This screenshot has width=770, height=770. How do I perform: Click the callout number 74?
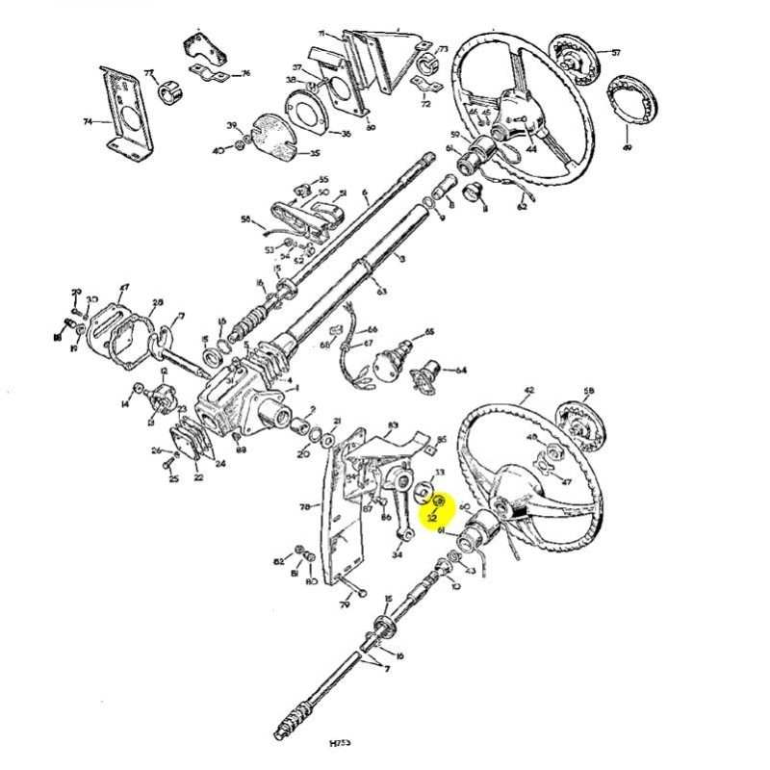tap(88, 122)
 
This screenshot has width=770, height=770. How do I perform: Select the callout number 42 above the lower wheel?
tap(528, 392)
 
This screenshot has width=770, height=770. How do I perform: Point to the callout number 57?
tap(616, 53)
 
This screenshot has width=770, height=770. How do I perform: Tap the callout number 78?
tap(305, 505)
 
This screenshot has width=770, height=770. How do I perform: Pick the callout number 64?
tap(461, 370)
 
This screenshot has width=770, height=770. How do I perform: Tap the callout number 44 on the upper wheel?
tap(530, 149)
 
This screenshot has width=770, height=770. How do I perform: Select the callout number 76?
tap(245, 73)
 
